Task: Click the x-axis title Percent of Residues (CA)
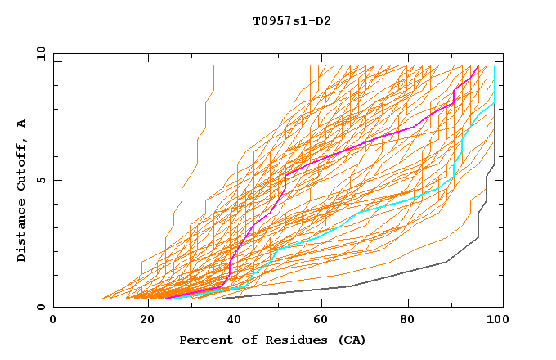click(272, 340)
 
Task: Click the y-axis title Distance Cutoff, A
click(21, 190)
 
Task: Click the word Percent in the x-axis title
click(204, 340)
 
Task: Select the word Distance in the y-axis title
click(21, 232)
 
